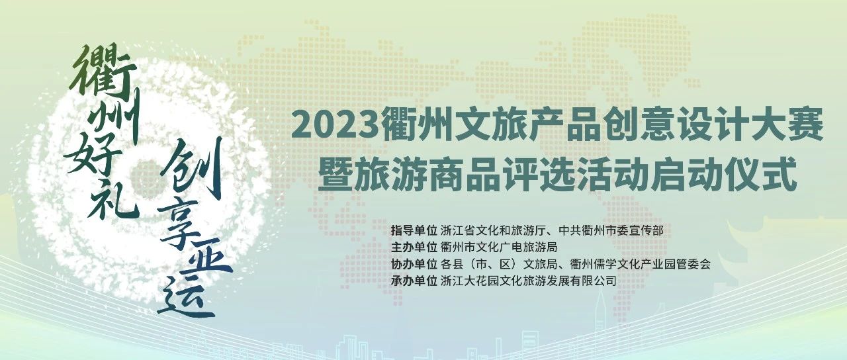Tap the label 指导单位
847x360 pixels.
pyautogui.click(x=414, y=231)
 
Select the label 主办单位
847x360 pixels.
pyautogui.click(x=414, y=247)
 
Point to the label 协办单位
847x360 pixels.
pyautogui.click(x=414, y=264)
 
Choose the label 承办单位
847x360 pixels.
pyautogui.click(x=414, y=281)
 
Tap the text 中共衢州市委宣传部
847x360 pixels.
pyautogui.click(x=611, y=231)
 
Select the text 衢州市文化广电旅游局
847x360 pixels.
pyautogui.click(x=499, y=247)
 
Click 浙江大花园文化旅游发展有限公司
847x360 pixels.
pyautogui.click(x=529, y=281)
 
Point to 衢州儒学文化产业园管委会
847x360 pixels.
pyautogui.click(x=640, y=264)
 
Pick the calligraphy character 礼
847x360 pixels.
pyautogui.click(x=112, y=199)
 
